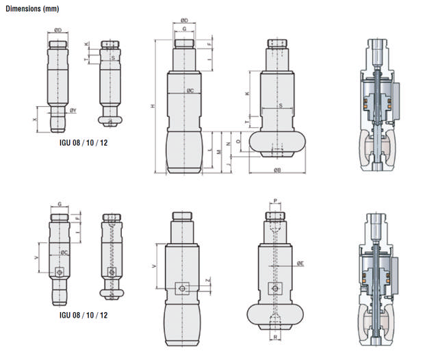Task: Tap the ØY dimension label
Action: pos(73,110)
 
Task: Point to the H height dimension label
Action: pos(153,107)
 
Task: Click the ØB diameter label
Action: pos(276,169)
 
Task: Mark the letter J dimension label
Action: pos(228,165)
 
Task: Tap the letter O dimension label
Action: pos(237,140)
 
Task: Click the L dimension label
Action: pos(209,147)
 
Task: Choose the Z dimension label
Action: pos(208,281)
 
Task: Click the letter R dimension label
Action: pos(275,337)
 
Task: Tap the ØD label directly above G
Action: pos(183,21)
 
